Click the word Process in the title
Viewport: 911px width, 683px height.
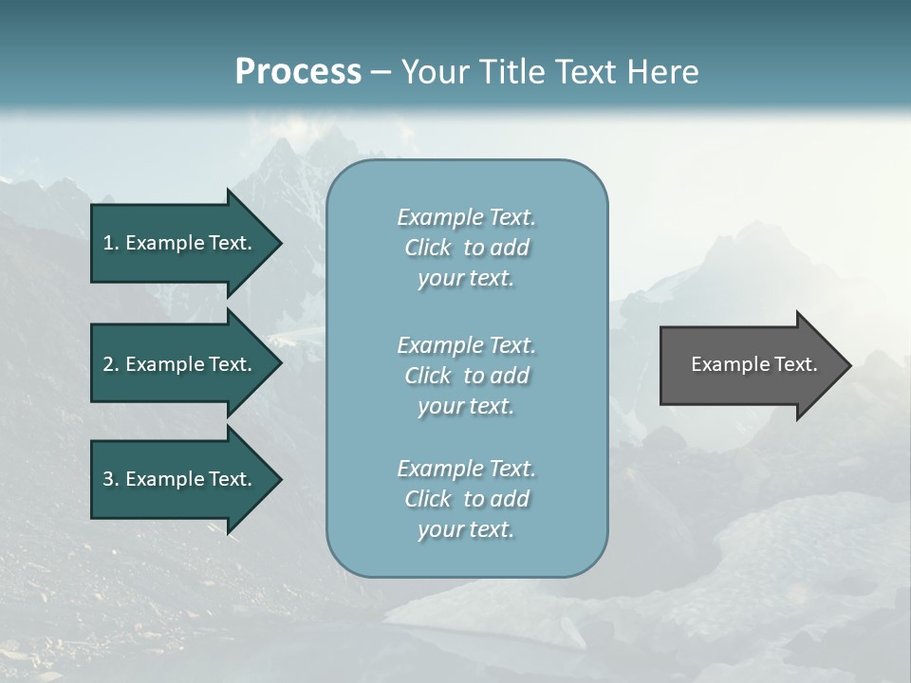pos(298,72)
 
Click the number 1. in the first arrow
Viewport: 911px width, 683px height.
pos(111,243)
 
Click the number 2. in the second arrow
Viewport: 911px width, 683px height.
pos(111,364)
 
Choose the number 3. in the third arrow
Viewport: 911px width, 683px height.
pos(111,479)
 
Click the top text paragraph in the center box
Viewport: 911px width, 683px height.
pos(466,248)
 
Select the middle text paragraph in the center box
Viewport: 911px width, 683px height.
pos(466,376)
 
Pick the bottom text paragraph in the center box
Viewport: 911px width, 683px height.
pos(466,499)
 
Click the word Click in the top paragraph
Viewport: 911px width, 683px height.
pos(428,248)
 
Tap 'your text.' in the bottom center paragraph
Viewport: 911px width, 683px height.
pos(466,529)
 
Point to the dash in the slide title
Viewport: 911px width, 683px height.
pos(381,72)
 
